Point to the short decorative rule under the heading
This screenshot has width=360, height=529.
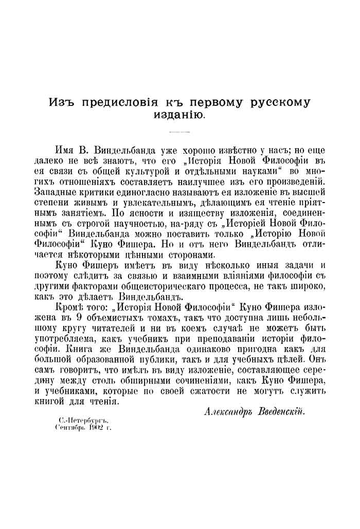click(x=179, y=133)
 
